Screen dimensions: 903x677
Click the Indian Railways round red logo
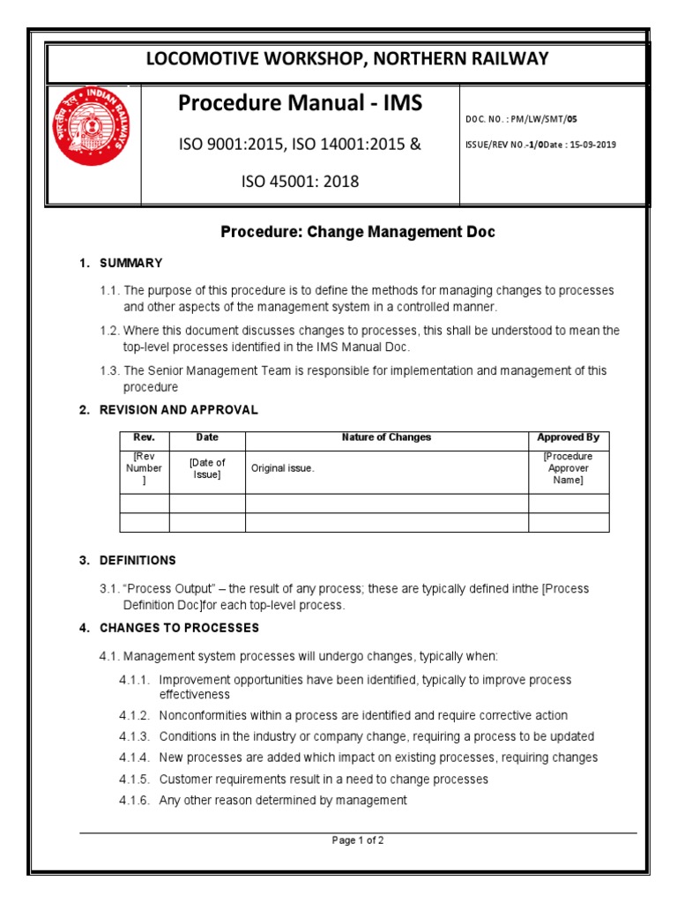93,124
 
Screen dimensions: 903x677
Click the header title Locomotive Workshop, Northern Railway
346,59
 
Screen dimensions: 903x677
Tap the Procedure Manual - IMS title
300,103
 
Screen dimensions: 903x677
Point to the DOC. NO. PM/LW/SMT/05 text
522,118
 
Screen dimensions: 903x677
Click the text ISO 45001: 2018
300,182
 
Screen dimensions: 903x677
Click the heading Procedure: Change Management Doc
358,232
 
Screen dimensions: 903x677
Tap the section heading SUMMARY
130,263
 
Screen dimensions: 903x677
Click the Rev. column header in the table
144,437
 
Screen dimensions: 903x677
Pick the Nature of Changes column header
386,437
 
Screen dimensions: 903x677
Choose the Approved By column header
568,437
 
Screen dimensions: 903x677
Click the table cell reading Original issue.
283,468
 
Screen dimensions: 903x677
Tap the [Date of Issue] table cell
207,468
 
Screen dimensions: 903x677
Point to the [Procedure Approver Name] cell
568,468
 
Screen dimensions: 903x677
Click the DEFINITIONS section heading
138,560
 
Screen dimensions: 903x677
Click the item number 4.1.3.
134,736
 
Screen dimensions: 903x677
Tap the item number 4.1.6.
134,800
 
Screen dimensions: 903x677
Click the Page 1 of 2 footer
358,840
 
